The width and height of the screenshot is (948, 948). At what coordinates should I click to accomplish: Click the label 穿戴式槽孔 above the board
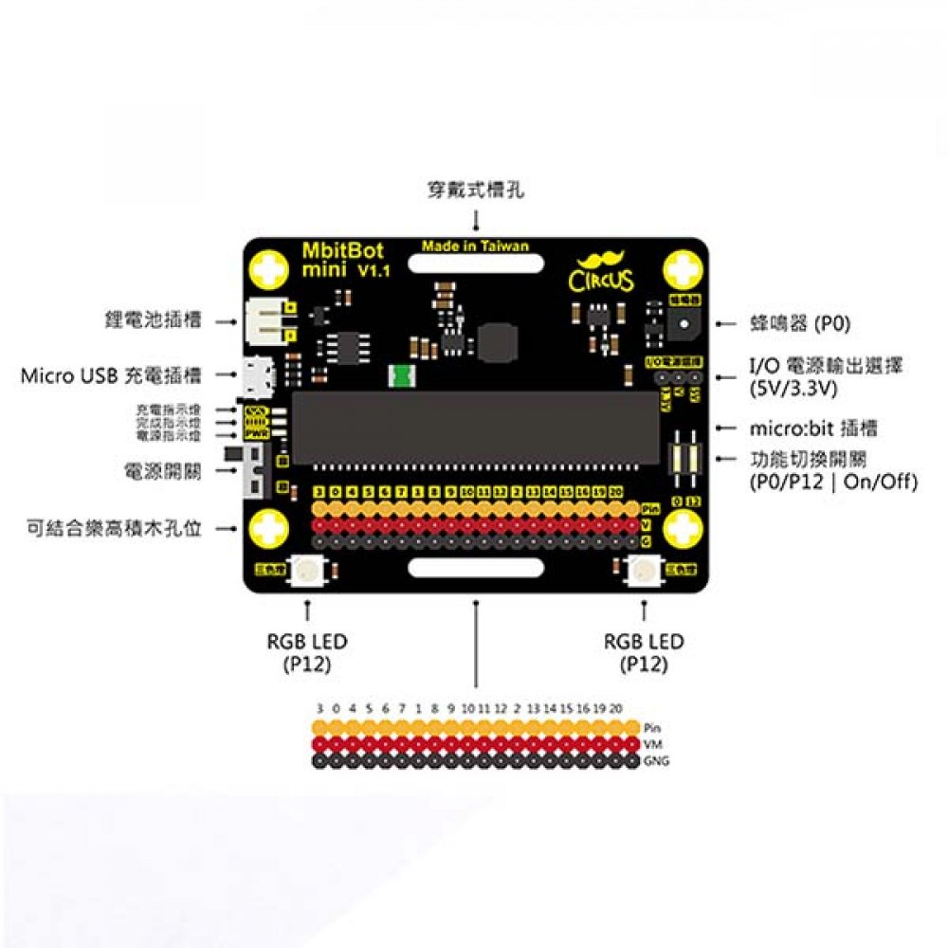[475, 191]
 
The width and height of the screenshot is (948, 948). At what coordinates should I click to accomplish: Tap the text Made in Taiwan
[475, 246]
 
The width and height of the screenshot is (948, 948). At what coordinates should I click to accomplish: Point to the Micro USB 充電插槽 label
[111, 376]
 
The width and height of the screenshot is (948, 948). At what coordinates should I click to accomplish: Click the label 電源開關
[162, 471]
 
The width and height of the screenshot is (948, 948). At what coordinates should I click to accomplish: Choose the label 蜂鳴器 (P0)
[800, 324]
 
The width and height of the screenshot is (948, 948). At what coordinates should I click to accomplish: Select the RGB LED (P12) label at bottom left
[307, 652]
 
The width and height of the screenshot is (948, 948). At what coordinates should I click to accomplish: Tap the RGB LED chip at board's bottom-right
[645, 571]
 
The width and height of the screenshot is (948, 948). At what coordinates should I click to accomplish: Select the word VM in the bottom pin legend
[651, 745]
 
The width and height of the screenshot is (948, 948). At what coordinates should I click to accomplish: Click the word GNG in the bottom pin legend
[655, 761]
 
